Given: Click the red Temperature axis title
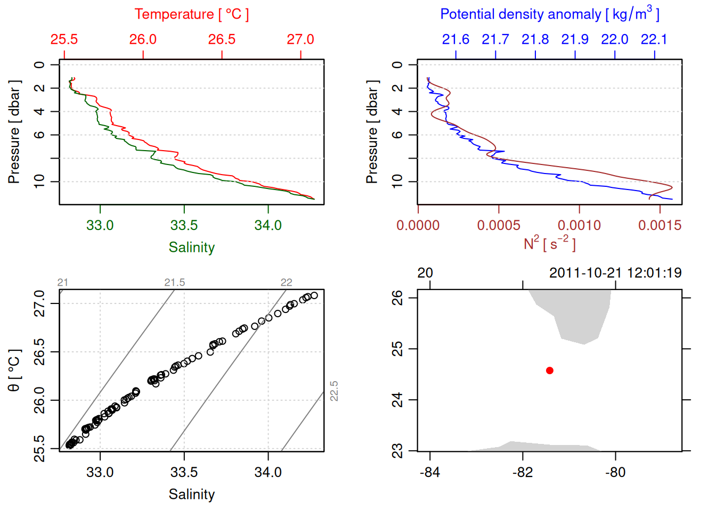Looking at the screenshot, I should (191, 14).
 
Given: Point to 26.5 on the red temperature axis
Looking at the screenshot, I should (222, 39).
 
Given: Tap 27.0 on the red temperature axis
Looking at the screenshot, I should (300, 39).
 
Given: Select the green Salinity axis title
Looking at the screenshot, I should (191, 248).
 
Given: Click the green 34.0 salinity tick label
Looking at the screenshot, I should (268, 225).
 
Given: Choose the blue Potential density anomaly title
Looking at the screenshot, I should (549, 14).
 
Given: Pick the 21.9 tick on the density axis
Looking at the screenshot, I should (575, 39).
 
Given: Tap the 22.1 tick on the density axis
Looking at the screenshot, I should (654, 39).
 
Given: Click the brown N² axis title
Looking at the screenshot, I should (549, 243).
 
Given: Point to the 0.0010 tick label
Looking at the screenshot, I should (579, 225).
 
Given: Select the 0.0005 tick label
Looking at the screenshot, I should (499, 225).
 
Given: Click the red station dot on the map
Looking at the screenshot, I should (550, 370).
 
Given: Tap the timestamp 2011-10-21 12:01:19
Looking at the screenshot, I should (615, 273).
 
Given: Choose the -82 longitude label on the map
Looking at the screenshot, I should (523, 472).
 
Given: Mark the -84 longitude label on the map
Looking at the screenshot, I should (430, 472).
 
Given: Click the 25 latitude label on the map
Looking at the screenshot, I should (397, 349).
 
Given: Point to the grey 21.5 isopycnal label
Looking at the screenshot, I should (175, 283).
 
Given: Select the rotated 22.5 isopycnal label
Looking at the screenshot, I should (334, 391).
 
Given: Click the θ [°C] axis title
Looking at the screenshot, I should (14, 370).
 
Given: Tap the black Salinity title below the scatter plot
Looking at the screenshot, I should (191, 494).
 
